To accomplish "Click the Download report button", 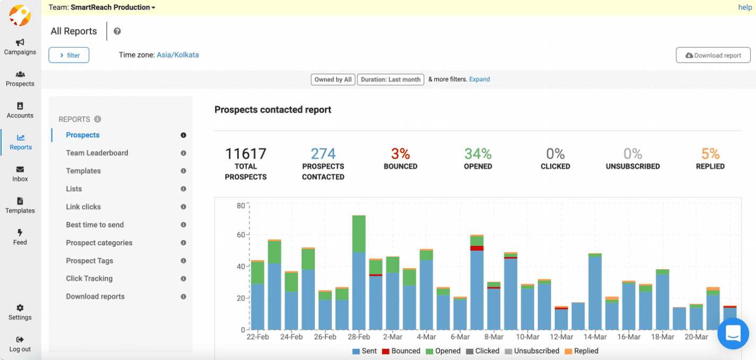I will coord(713,55).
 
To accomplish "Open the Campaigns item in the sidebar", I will coord(20,47).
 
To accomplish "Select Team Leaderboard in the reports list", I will coord(97,153).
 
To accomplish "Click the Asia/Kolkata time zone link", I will coord(177,55).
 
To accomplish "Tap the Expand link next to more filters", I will coord(479,79).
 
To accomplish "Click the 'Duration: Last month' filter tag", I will coord(391,80).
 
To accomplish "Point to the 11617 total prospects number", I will coord(245,154).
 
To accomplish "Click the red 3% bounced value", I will coord(400,154).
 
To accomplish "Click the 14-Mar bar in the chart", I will coord(595,292).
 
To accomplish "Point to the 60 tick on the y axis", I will coord(240,235).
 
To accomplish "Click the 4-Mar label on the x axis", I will coord(426,337).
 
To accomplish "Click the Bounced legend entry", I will coord(401,351).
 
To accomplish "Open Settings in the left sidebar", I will coord(20,312).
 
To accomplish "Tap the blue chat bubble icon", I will coord(733,333).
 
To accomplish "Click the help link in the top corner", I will coord(745,7).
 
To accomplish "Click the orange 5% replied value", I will coord(710,154).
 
